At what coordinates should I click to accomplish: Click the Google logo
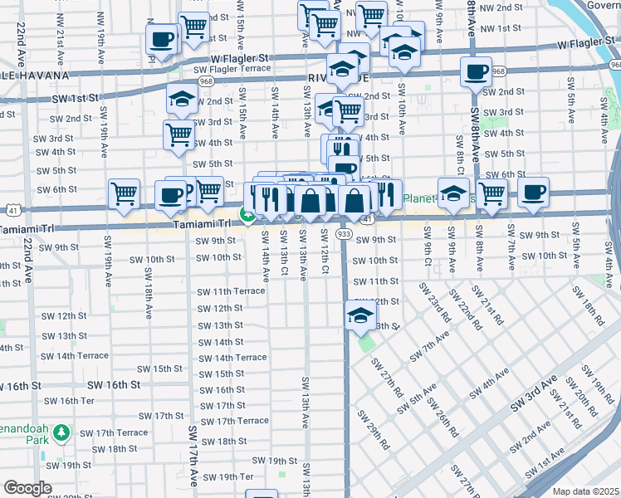(x=27, y=488)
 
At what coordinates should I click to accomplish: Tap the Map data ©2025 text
(x=586, y=491)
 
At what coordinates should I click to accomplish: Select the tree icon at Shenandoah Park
(x=61, y=433)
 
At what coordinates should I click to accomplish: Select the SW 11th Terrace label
(x=231, y=291)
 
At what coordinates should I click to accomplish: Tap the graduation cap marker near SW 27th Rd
(x=360, y=315)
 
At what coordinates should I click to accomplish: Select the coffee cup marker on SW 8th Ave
(x=476, y=72)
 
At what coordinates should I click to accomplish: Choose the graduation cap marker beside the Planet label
(x=452, y=193)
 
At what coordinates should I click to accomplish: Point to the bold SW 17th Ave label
(x=193, y=455)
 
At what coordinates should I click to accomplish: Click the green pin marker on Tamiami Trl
(x=247, y=215)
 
